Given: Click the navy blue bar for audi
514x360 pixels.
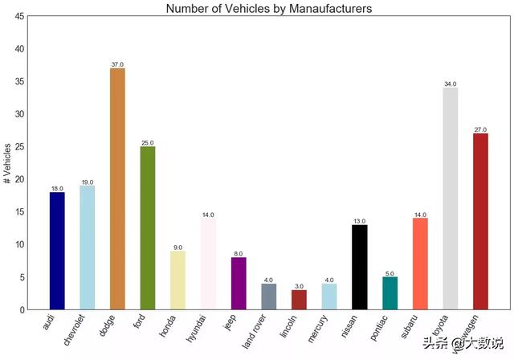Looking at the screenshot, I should pyautogui.click(x=57, y=251).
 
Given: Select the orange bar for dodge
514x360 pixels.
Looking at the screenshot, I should pyautogui.click(x=117, y=189).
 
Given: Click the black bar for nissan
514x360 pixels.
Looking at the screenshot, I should pyautogui.click(x=359, y=267).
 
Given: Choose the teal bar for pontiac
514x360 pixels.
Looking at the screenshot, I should pyautogui.click(x=390, y=292).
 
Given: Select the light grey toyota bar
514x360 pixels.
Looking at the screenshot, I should pyautogui.click(x=450, y=198).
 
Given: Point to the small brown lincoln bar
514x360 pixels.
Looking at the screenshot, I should pyautogui.click(x=299, y=299).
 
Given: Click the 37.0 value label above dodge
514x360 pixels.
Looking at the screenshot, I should pyautogui.click(x=117, y=64).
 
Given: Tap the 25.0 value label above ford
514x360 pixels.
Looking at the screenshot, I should pyautogui.click(x=148, y=143).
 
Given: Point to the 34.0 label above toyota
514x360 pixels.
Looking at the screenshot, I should pyautogui.click(x=450, y=84).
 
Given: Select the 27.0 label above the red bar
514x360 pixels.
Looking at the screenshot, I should pyautogui.click(x=480, y=129).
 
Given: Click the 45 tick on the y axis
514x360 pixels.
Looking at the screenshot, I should pyautogui.click(x=19, y=16).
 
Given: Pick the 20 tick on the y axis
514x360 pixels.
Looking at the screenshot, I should pyautogui.click(x=19, y=179).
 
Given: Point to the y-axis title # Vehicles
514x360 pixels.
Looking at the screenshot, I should pyautogui.click(x=8, y=163).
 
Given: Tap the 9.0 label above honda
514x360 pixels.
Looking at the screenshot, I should pyautogui.click(x=178, y=247).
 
